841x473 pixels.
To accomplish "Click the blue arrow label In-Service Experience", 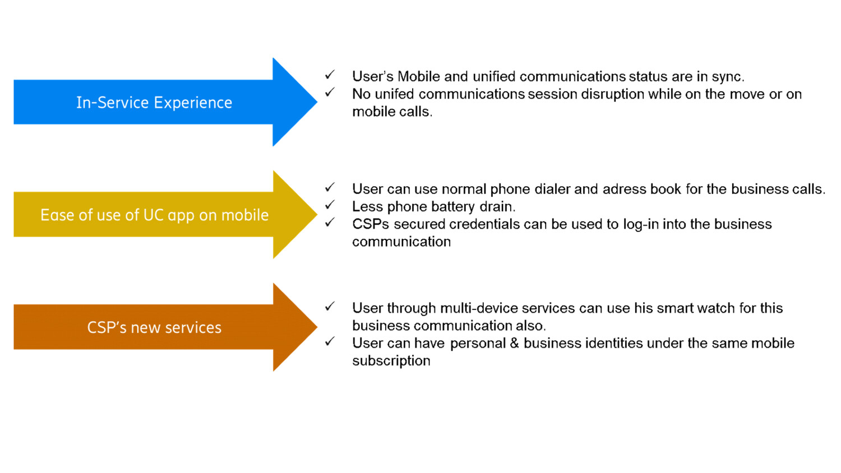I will (x=154, y=103).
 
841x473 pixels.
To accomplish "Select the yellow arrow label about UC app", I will (x=154, y=215).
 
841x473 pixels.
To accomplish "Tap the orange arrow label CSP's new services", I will (x=154, y=327).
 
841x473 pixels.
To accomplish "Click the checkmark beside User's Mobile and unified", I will (x=330, y=75).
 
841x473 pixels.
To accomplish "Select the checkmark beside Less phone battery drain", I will (x=330, y=205).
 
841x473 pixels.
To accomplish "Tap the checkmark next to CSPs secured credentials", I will (x=330, y=222).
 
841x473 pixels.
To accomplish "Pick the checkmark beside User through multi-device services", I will (x=330, y=307).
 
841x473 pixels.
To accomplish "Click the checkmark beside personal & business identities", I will (x=330, y=341).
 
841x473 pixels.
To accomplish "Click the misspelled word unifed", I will (x=394, y=94).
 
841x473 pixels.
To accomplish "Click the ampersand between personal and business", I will (x=514, y=343).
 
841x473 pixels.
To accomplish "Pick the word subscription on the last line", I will (x=391, y=361).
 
